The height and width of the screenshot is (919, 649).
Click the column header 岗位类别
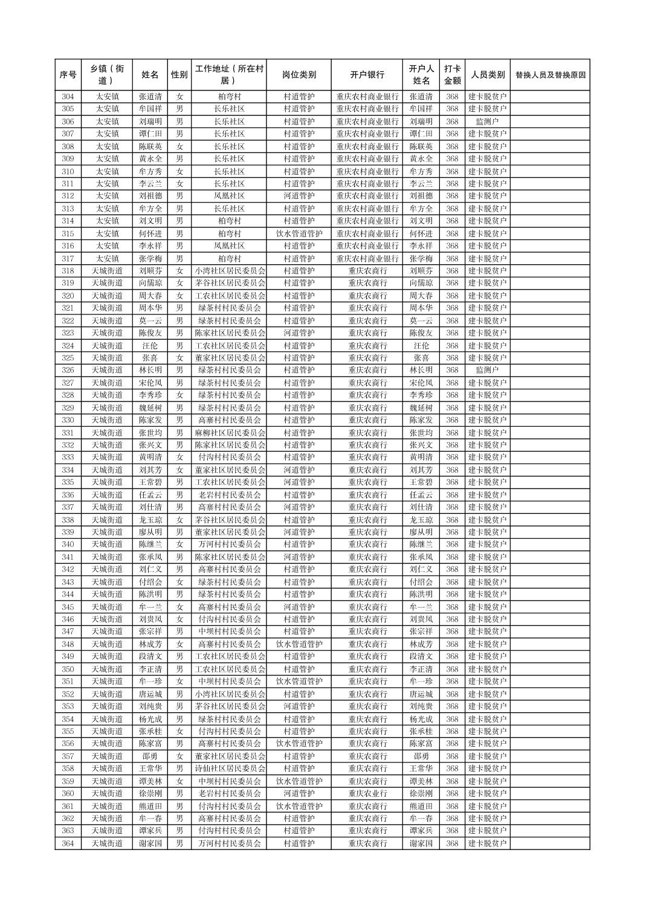(x=299, y=75)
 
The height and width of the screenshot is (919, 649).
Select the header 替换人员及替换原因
(x=549, y=75)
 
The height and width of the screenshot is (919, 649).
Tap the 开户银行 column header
(x=367, y=75)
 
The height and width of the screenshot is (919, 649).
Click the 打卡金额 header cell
(x=452, y=75)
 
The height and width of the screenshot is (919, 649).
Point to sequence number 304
(x=68, y=97)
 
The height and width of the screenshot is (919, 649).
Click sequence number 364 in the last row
(x=68, y=843)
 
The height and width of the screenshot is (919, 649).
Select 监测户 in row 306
(x=487, y=122)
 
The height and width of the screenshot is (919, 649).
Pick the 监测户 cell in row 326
(x=487, y=370)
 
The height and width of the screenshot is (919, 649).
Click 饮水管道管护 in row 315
(x=299, y=233)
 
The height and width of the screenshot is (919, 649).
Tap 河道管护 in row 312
(x=299, y=196)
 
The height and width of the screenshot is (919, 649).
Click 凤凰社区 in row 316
(x=230, y=246)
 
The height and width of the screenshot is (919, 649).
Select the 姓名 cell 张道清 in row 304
(x=150, y=97)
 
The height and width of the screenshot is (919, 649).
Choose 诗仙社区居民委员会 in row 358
(x=230, y=768)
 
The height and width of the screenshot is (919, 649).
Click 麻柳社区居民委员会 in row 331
(x=230, y=433)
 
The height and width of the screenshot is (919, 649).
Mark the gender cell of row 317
(x=179, y=259)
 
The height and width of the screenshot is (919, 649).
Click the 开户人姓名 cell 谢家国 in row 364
(x=421, y=843)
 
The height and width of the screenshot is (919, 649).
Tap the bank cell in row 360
(x=367, y=793)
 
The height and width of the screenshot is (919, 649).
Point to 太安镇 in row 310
(x=107, y=171)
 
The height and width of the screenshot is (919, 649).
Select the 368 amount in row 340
(x=452, y=544)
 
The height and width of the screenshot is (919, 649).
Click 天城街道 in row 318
(x=107, y=271)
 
